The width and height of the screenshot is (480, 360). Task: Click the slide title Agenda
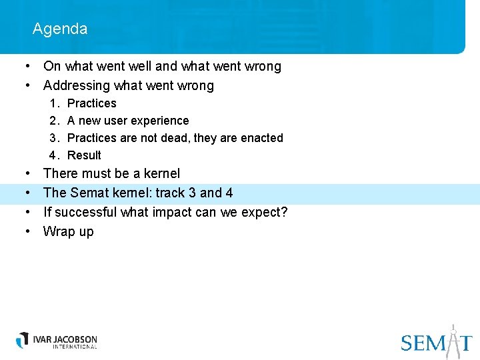[x=59, y=29]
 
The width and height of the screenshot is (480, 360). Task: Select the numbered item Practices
[x=91, y=103]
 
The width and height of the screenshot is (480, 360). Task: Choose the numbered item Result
[x=84, y=155]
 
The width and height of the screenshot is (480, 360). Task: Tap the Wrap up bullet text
[x=68, y=232]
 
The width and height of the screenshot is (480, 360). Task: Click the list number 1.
[x=53, y=103]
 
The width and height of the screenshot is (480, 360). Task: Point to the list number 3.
[x=53, y=138]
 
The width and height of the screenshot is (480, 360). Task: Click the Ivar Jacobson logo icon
[x=23, y=339]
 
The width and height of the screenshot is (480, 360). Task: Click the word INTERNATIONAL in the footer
[x=65, y=347]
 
